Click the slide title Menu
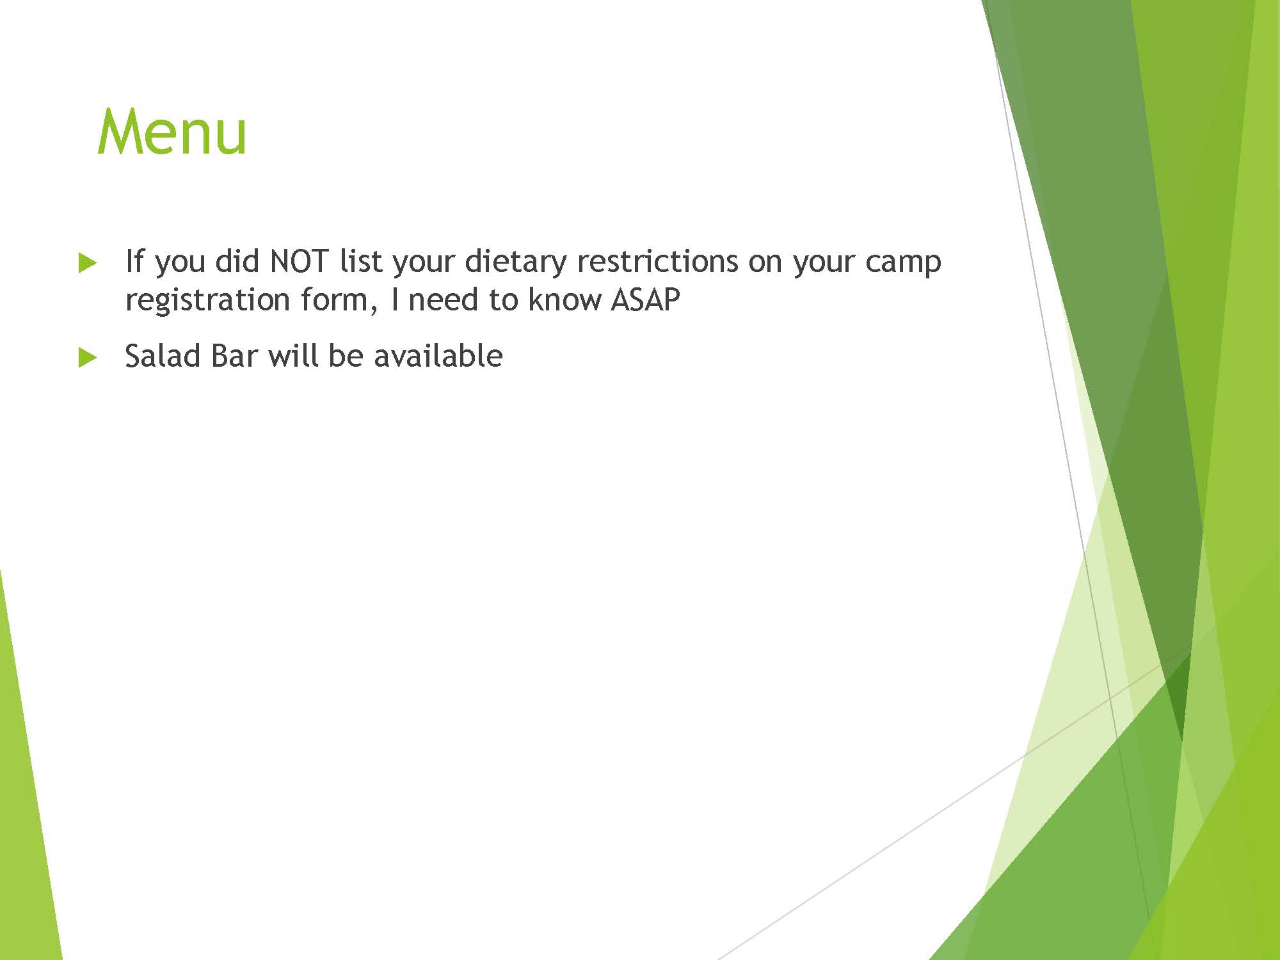172,132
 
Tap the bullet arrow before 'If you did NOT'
88,263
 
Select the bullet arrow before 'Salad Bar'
88,358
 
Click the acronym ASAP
645,300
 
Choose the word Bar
234,356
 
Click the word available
438,356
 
